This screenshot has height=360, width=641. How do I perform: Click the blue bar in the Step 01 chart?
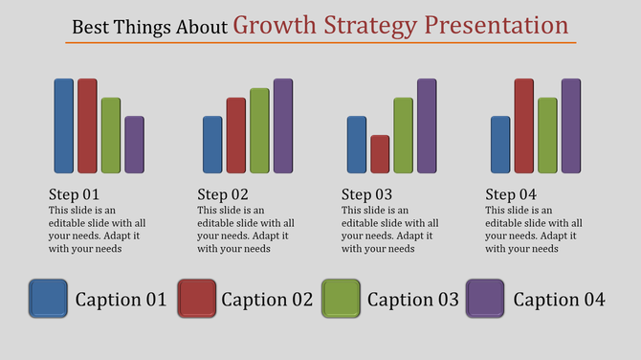63,125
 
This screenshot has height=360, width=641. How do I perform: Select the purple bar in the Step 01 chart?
134,145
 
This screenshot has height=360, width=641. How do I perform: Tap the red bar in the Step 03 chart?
380,154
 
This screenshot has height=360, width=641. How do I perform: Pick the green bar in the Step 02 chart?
259,130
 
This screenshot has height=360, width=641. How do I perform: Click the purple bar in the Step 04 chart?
570,125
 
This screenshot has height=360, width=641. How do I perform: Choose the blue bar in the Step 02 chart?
212,145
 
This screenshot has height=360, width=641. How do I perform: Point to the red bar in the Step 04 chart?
523,125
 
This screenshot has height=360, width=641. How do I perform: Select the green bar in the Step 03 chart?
403,135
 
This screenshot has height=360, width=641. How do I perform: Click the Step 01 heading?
74,193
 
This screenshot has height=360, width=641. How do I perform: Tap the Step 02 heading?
223,193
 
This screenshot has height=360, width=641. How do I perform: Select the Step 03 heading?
366,193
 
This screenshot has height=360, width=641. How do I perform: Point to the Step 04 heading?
510,193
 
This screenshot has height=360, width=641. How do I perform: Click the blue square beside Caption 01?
48,299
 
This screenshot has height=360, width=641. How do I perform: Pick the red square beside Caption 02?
195,299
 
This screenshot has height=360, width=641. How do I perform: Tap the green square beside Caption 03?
341,299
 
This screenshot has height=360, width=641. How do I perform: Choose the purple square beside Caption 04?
486,299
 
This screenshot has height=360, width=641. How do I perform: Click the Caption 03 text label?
413,300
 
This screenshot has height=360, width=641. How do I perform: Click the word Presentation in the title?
497,24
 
